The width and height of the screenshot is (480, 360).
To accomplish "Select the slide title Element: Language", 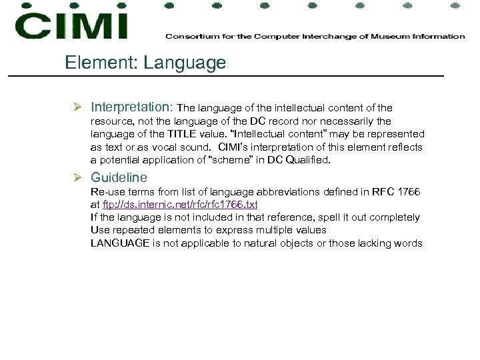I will click(145, 63).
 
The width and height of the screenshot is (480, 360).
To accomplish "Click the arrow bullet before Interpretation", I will click(78, 107).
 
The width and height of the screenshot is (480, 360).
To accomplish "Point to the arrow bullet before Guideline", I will click(78, 178).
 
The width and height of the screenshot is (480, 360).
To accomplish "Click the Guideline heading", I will click(119, 178).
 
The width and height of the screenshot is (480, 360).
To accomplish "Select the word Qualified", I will click(309, 160).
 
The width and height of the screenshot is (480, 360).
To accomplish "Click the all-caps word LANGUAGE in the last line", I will click(120, 243).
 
